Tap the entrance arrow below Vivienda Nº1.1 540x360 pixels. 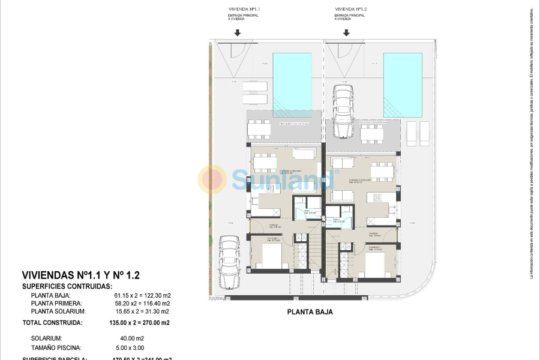pos(238,33)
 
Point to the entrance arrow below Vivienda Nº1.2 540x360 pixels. pos(346,33)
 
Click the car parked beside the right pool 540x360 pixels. pos(343,111)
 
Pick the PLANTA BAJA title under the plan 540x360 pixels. pos(310,312)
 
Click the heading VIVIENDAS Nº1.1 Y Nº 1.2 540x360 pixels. pos(80,275)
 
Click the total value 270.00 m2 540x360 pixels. pos(155,323)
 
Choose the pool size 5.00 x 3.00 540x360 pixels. pos(130,347)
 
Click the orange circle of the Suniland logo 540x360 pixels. pos(212,179)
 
